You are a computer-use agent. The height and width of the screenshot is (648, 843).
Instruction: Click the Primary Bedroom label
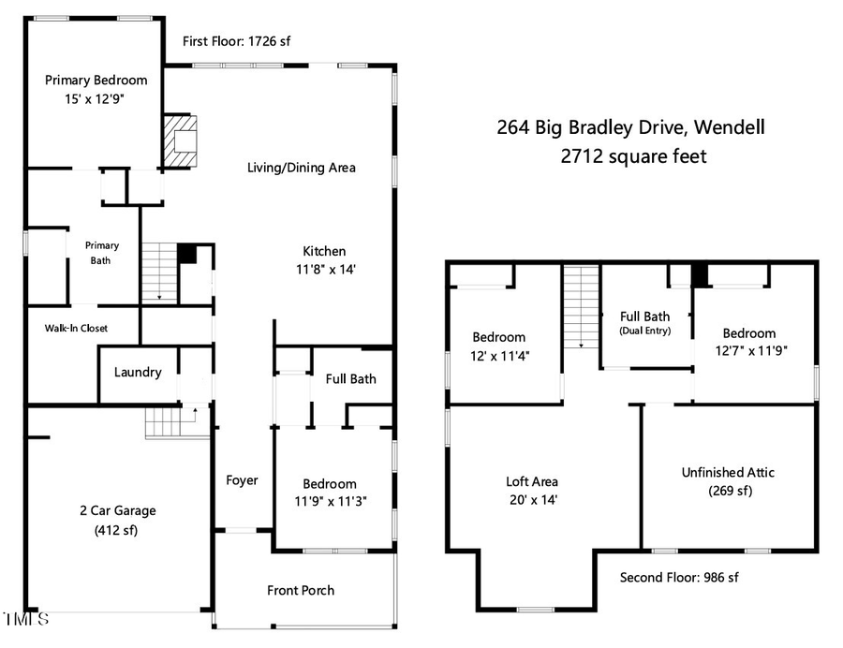point(96,81)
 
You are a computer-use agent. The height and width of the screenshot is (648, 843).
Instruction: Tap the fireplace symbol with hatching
point(182,140)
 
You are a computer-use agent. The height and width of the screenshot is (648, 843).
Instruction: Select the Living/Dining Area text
point(302,168)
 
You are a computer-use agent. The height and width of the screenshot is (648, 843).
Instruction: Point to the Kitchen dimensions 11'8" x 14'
point(324,269)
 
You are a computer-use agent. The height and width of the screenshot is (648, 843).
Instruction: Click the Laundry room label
point(138,372)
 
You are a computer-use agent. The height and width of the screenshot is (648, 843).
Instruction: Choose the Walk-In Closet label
point(76,329)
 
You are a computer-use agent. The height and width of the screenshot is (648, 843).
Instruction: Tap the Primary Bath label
point(101,253)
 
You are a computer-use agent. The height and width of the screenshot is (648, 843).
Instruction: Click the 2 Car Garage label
point(117,510)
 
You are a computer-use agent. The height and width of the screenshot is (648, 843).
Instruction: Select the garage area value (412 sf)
point(117,529)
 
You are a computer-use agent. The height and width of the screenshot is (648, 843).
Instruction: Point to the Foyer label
point(242,480)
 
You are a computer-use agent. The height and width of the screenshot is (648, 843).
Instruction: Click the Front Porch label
point(301,590)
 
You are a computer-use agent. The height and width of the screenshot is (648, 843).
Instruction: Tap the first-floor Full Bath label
point(350,378)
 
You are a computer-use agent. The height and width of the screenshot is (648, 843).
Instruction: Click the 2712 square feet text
point(633,156)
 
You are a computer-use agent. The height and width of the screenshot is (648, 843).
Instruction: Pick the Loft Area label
point(531,482)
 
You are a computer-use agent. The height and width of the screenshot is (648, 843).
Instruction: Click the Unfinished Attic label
point(728,472)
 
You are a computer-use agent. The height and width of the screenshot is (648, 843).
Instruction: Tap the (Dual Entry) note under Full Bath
point(645,331)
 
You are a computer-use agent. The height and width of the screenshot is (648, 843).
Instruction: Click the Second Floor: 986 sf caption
point(679,578)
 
